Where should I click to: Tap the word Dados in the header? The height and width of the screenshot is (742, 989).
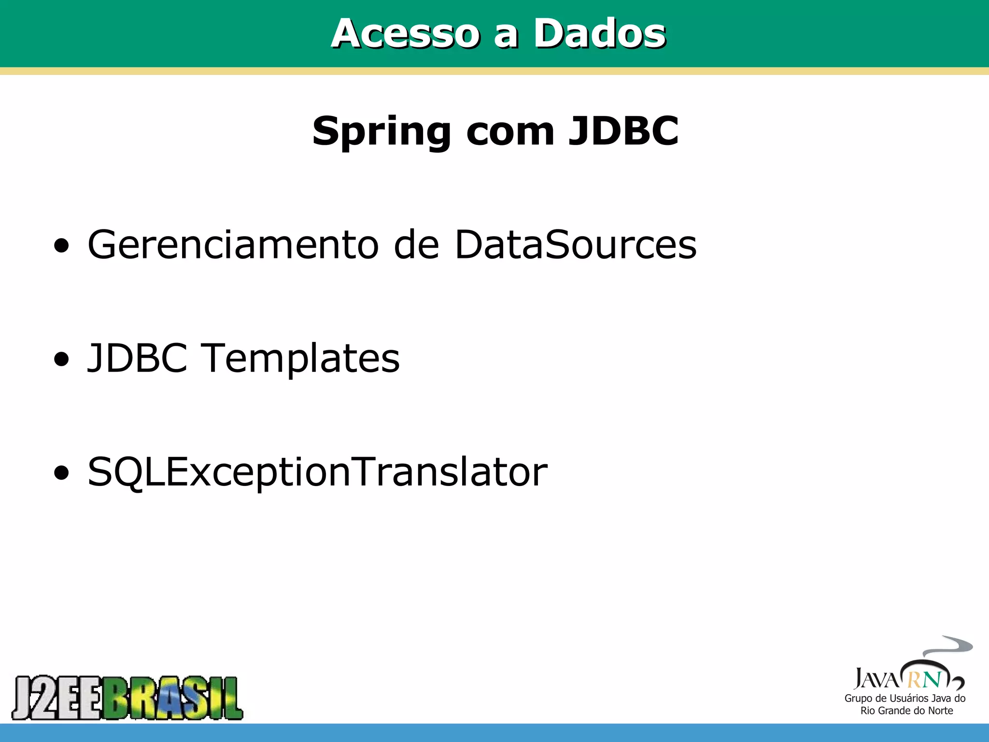[x=599, y=33]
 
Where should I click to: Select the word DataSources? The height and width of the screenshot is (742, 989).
[x=576, y=244]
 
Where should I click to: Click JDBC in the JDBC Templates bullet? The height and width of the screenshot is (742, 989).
[x=137, y=358]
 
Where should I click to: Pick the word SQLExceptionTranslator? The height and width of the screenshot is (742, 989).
[x=317, y=472]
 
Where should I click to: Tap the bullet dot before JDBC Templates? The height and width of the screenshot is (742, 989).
[x=61, y=360]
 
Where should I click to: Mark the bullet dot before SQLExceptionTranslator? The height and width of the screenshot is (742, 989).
[x=61, y=473]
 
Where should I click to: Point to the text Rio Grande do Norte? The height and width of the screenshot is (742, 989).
[x=906, y=711]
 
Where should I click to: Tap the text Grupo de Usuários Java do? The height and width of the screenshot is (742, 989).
[x=904, y=698]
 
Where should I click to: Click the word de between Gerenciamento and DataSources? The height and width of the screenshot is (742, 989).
[x=416, y=244]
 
